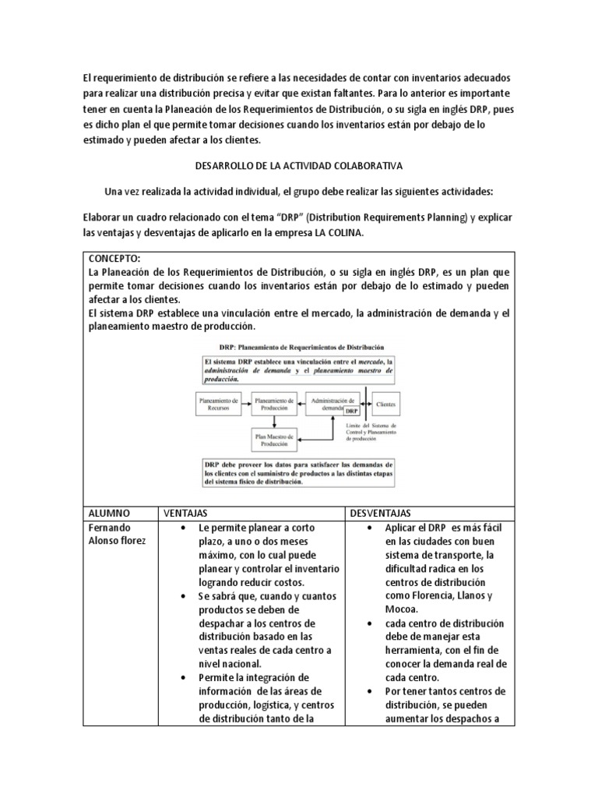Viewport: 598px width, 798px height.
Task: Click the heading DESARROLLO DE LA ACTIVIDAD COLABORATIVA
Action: (298, 167)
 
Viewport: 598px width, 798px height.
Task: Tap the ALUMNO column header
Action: (111, 514)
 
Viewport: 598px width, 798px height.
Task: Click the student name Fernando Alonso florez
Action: (117, 535)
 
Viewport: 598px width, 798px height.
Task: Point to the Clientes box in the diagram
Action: (385, 404)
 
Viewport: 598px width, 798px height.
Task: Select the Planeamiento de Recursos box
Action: (217, 404)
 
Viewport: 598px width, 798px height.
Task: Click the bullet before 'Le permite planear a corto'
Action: (181, 528)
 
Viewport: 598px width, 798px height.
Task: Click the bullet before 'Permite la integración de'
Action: (181, 678)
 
